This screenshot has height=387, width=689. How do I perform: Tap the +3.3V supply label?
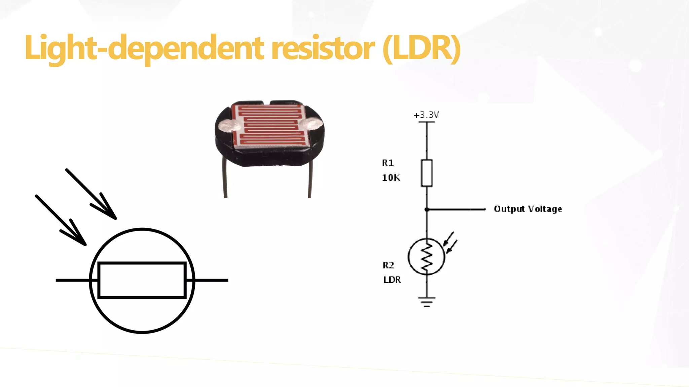[426, 115]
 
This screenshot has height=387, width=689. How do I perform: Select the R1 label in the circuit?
[388, 163]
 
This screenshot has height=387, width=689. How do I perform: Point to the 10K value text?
[391, 178]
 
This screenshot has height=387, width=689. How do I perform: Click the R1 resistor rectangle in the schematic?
[427, 173]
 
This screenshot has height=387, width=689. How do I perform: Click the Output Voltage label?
[528, 209]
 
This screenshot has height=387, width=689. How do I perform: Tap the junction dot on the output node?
[427, 209]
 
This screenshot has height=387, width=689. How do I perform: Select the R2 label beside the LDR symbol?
[388, 265]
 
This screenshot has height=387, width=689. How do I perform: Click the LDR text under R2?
[392, 280]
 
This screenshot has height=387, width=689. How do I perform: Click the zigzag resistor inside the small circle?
[427, 257]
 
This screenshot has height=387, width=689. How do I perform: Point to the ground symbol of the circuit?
[427, 301]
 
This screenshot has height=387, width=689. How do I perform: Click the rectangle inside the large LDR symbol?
[142, 280]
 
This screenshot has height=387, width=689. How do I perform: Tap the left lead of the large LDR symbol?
[72, 280]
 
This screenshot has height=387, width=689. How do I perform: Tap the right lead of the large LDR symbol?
[211, 280]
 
